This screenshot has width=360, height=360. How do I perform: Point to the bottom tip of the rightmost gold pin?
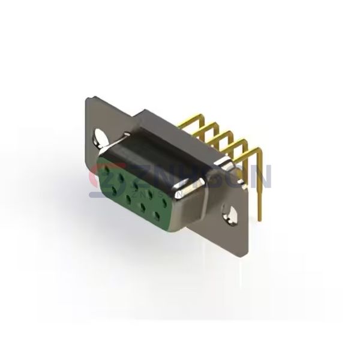261,218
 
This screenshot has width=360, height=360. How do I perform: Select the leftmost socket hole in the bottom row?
115,191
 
